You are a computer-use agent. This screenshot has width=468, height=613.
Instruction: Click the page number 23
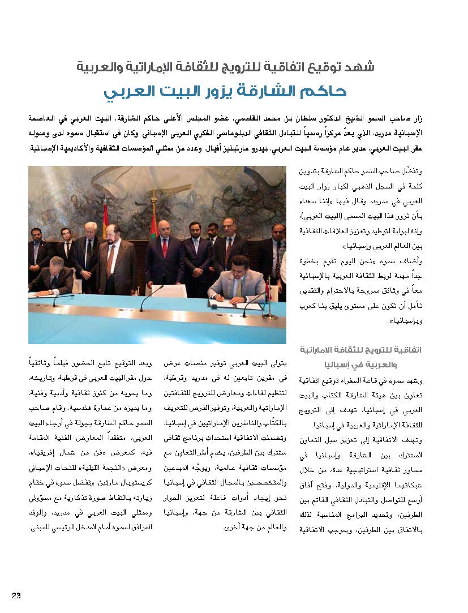pyautogui.click(x=16, y=595)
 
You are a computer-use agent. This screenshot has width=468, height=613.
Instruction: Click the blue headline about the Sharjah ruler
pyautogui.click(x=225, y=91)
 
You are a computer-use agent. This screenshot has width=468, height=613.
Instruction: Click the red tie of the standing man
pyautogui.click(x=165, y=249)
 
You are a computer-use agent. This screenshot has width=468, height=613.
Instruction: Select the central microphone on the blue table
pyautogui.click(x=144, y=300)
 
